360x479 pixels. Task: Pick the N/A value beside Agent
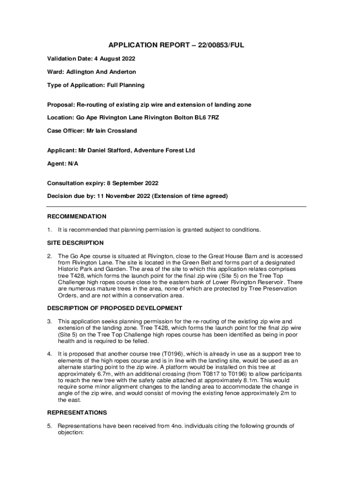[x=73, y=164]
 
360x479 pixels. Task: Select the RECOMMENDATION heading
[x=77, y=217]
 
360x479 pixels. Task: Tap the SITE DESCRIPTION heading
[x=75, y=243]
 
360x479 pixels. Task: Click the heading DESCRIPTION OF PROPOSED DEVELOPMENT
[x=115, y=308]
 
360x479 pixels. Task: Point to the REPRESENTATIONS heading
[x=77, y=413]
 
